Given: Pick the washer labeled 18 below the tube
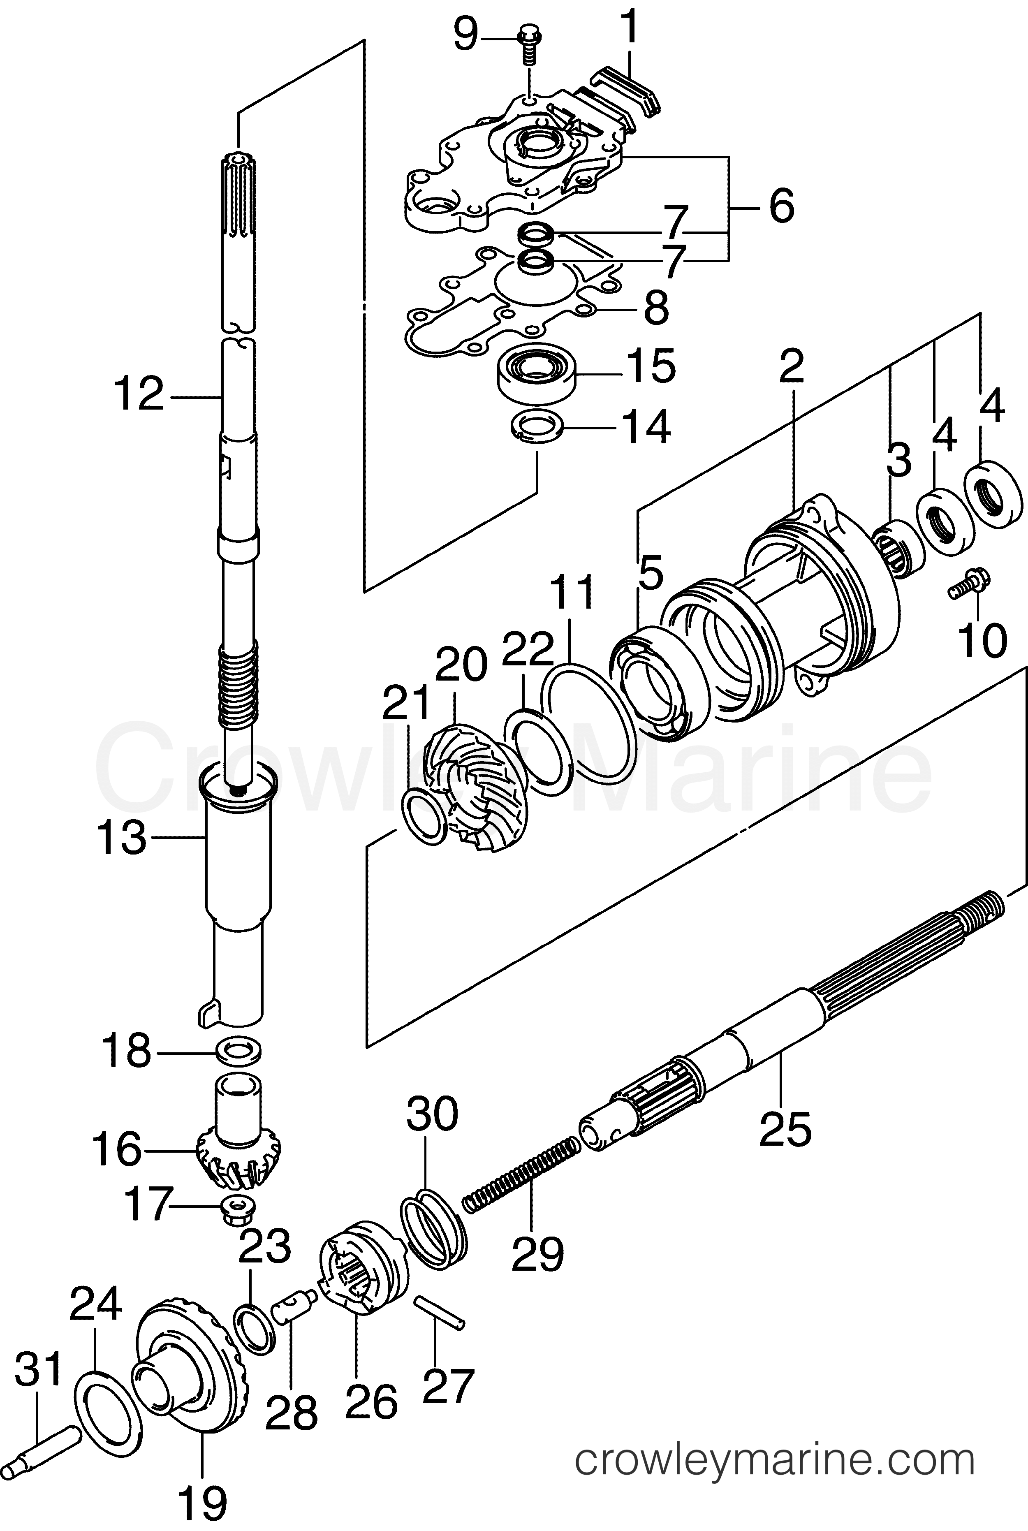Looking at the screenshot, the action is pyautogui.click(x=238, y=1048).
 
